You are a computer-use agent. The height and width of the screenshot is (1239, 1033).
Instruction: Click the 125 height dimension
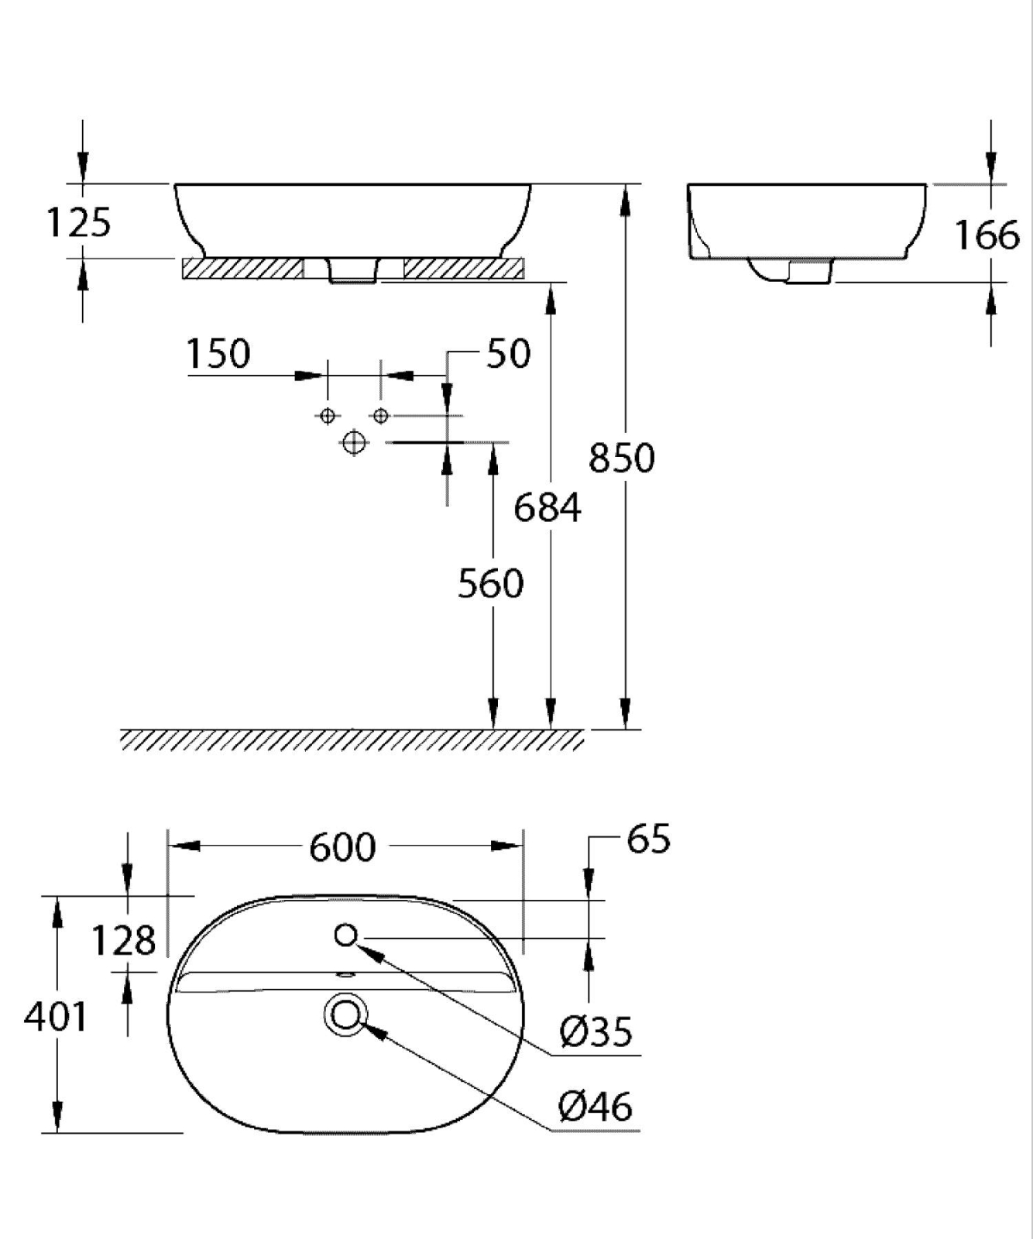click(x=79, y=222)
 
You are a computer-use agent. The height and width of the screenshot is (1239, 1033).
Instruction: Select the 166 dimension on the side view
click(x=987, y=235)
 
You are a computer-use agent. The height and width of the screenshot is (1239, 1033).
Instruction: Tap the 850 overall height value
click(x=622, y=458)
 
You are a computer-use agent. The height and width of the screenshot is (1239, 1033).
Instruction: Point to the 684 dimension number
click(x=547, y=508)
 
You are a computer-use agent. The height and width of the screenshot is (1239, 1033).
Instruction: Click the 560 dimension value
click(x=490, y=583)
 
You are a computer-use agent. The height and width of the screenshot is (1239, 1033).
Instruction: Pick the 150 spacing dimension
click(x=218, y=354)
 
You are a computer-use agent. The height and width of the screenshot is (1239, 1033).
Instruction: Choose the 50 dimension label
click(x=509, y=353)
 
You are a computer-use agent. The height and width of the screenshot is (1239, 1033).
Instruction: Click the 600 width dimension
click(x=342, y=847)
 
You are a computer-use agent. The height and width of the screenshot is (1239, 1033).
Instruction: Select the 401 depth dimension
click(x=56, y=1016)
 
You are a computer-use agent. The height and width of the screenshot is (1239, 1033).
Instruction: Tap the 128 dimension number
click(x=124, y=941)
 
